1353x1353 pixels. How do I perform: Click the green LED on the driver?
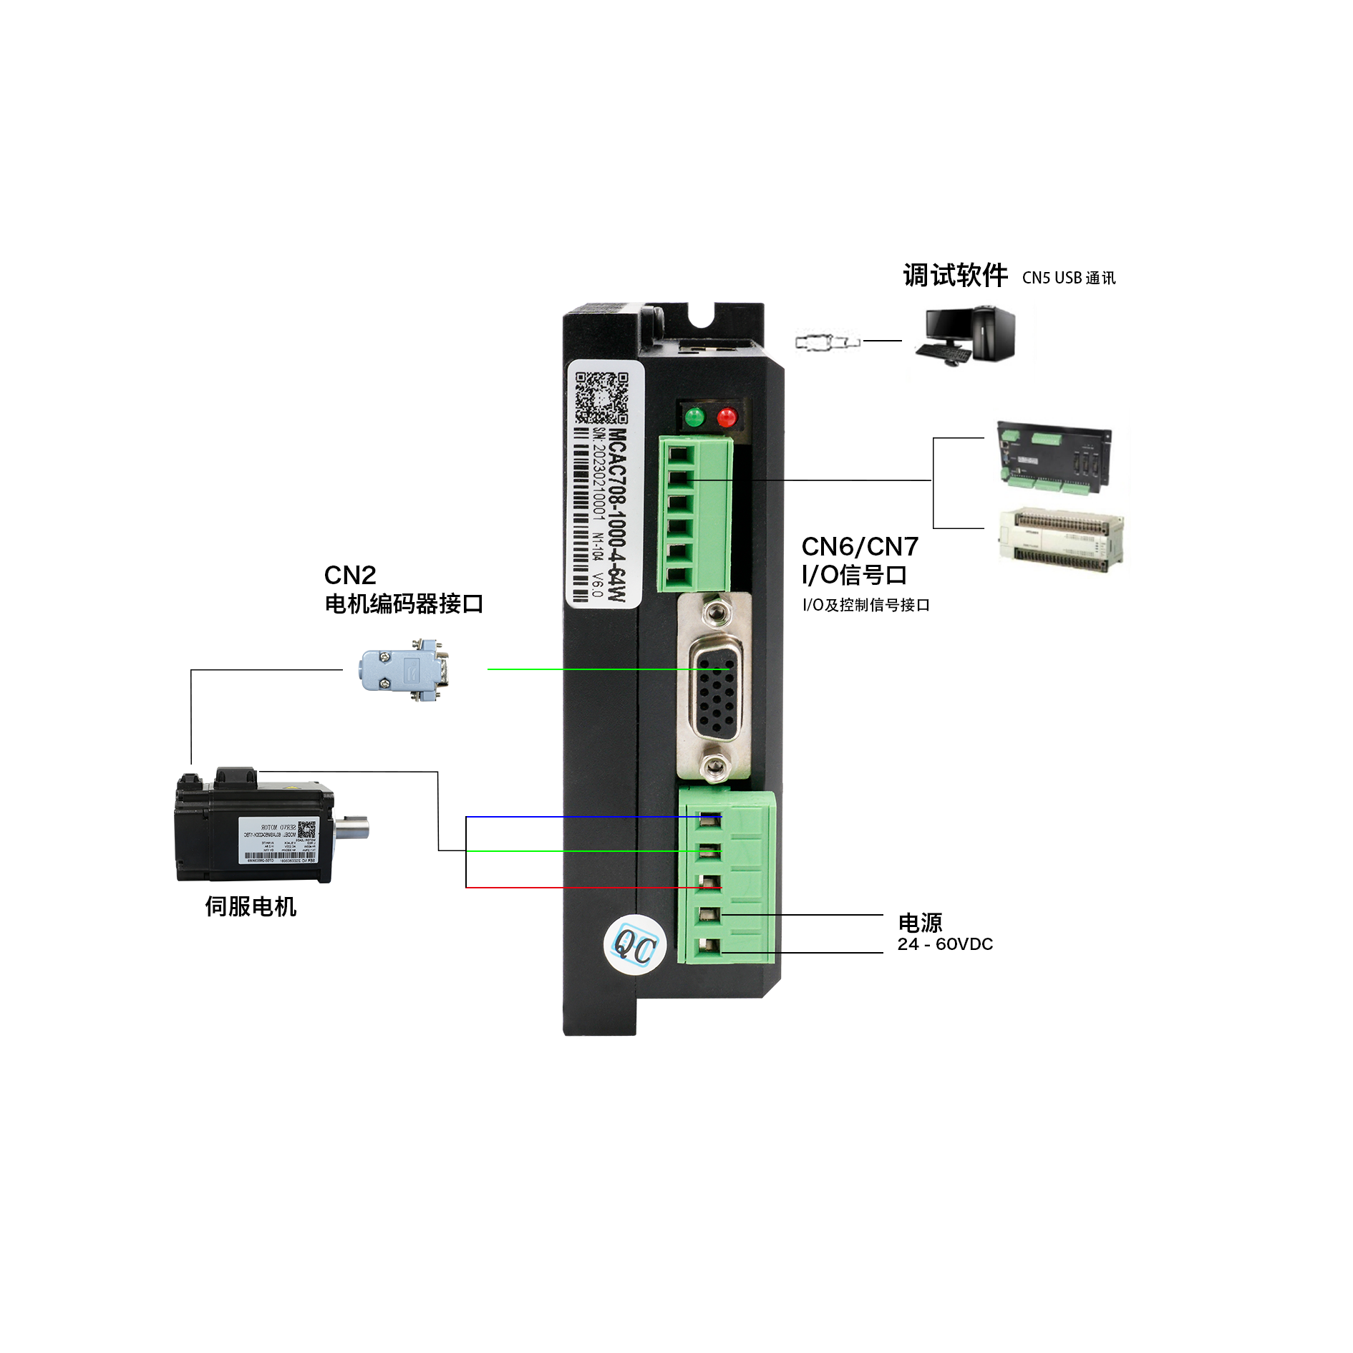pos(694,417)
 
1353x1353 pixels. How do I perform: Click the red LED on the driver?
pos(727,417)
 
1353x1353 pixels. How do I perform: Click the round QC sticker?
pos(635,946)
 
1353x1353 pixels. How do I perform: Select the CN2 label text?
pos(350,575)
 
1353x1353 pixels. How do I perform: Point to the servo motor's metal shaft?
pos(352,830)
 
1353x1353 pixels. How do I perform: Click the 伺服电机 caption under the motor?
pos(251,907)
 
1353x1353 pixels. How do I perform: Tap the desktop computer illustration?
pos(966,335)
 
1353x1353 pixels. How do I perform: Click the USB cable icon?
pos(827,342)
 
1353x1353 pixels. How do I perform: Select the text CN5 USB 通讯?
pos(1068,278)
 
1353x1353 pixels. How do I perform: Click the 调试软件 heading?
pos(955,276)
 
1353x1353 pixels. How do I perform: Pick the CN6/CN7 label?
pos(860,547)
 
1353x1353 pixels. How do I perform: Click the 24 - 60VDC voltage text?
pos(945,944)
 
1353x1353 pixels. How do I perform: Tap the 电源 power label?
pos(920,923)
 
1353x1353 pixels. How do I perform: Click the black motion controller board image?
pos(1055,457)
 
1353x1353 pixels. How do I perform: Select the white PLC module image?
pos(1061,538)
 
